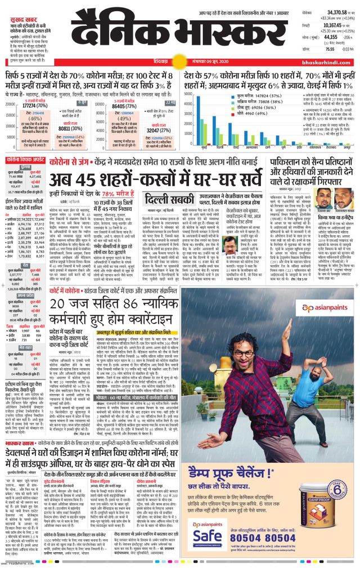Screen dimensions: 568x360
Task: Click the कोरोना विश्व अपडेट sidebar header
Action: (x=25, y=160)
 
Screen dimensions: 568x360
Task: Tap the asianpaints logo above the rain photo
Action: (x=322, y=308)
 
